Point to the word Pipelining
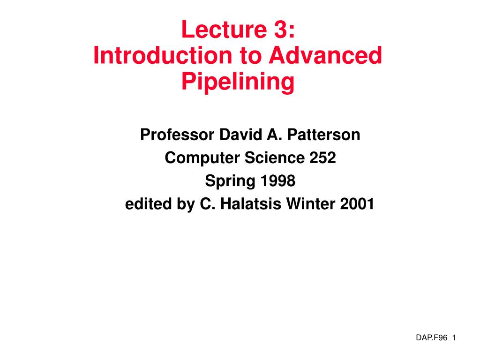click(x=238, y=82)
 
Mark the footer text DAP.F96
click(x=430, y=338)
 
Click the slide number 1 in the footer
click(x=455, y=338)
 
